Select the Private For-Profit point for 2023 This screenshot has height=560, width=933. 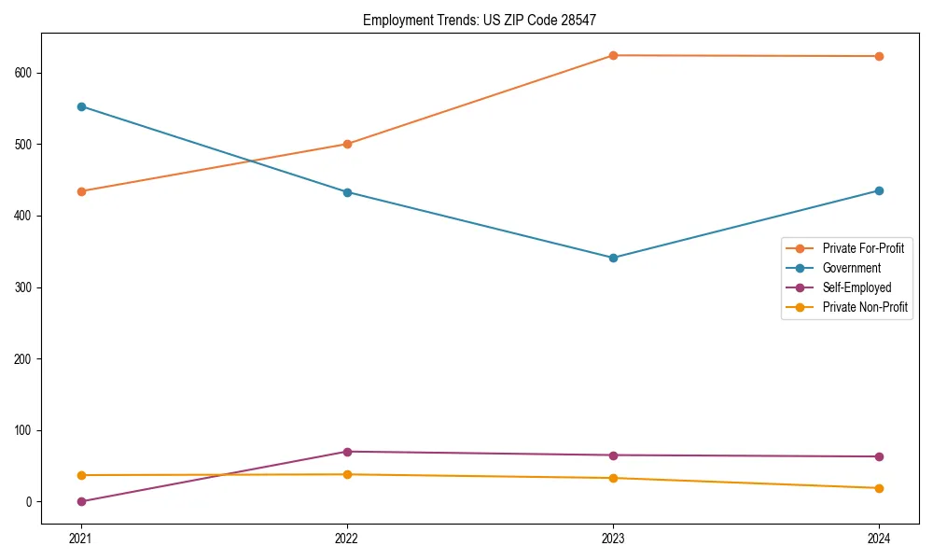tap(613, 55)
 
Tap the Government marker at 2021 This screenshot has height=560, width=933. tap(81, 106)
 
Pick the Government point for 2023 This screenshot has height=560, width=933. tap(613, 258)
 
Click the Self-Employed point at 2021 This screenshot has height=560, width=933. tap(81, 501)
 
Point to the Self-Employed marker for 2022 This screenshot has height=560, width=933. tap(347, 452)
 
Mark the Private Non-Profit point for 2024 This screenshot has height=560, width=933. tap(879, 488)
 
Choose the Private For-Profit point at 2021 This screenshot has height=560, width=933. tap(81, 191)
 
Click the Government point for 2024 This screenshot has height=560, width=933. tap(879, 190)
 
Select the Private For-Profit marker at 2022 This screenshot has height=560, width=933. tap(347, 144)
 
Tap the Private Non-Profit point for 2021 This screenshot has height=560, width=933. tap(81, 475)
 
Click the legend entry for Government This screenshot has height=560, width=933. tap(851, 268)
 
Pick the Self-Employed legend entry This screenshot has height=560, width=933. tap(856, 287)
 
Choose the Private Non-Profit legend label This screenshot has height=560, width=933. tap(865, 307)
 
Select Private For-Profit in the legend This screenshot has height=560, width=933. tap(863, 248)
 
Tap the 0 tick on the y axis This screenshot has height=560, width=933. tap(32, 502)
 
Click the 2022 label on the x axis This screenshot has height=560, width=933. tap(347, 538)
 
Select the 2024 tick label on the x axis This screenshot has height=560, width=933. tap(879, 538)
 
